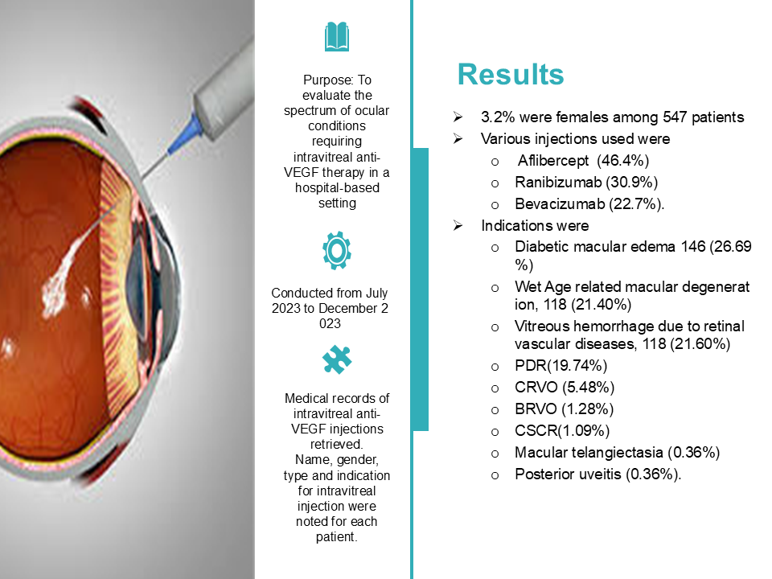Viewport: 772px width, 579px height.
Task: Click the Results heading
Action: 511,75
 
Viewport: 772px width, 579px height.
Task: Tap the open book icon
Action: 337,36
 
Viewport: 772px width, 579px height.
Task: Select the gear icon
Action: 337,251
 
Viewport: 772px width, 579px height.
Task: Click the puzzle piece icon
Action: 337,359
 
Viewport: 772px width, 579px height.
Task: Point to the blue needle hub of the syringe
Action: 183,134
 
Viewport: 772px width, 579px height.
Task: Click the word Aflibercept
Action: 553,161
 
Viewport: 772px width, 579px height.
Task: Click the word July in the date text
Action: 376,293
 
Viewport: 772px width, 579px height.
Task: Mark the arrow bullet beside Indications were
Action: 458,225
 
